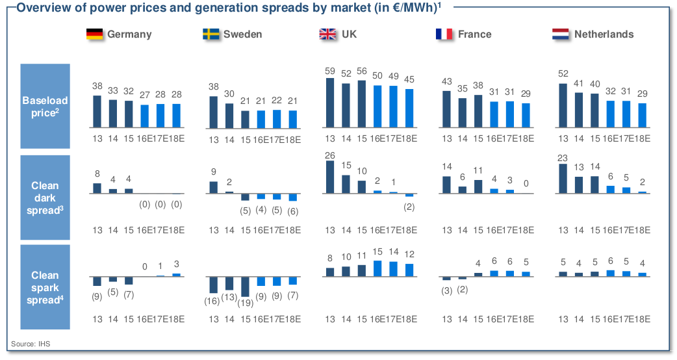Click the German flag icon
click(x=95, y=34)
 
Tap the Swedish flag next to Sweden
click(x=211, y=34)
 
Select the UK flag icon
click(x=327, y=34)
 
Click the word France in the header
click(x=474, y=34)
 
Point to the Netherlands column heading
click(x=604, y=34)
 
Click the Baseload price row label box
click(x=45, y=107)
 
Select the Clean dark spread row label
click(x=45, y=198)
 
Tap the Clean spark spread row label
click(x=45, y=288)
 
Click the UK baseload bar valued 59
click(x=330, y=104)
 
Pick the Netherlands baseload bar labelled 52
click(x=563, y=107)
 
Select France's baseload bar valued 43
click(x=447, y=110)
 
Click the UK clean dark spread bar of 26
click(x=330, y=177)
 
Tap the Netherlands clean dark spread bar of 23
click(x=563, y=179)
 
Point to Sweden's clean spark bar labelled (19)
click(x=245, y=287)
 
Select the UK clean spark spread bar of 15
click(x=377, y=269)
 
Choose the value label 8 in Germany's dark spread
click(x=97, y=174)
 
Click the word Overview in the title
click(x=41, y=7)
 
